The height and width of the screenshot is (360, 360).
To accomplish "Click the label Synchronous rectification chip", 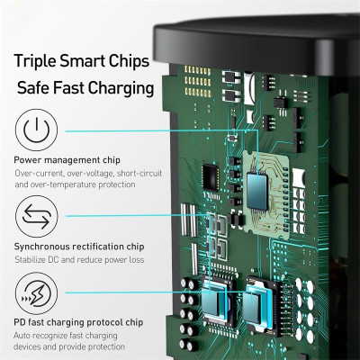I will pyautogui.click(x=76, y=247).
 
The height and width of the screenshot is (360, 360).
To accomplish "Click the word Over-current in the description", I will pyautogui.click(x=35, y=172).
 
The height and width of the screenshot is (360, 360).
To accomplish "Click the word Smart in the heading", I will pyautogui.click(x=87, y=63).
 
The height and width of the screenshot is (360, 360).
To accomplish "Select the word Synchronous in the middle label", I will pyautogui.click(x=41, y=247).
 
